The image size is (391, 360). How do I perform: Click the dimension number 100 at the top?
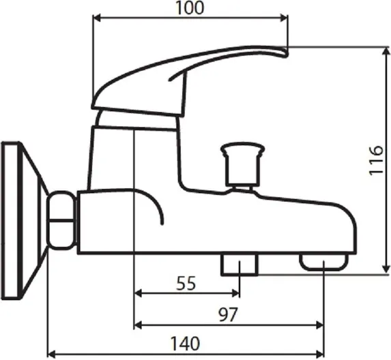[x=190, y=7]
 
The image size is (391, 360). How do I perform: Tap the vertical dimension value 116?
[x=376, y=161]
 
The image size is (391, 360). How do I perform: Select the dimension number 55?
[x=186, y=283]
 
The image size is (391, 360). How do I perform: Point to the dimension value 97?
[x=228, y=314]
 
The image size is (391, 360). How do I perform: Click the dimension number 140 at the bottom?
[x=185, y=344]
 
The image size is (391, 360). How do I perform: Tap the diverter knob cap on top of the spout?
[x=243, y=149]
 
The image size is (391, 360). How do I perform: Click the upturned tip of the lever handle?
[x=285, y=52]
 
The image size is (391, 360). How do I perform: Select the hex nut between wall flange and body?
[x=62, y=220]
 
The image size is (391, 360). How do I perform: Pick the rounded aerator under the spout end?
[x=323, y=262]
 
